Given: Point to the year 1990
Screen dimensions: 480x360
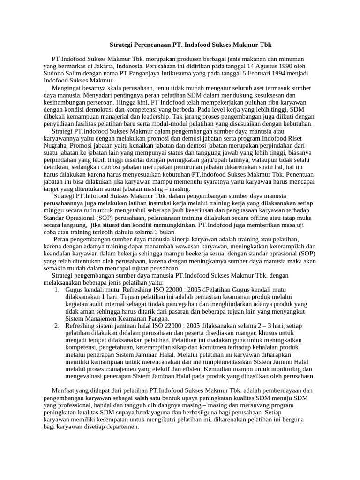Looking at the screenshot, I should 285,66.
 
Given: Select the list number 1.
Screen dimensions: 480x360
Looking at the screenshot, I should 56,290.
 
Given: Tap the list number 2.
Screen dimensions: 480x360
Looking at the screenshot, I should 56,326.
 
